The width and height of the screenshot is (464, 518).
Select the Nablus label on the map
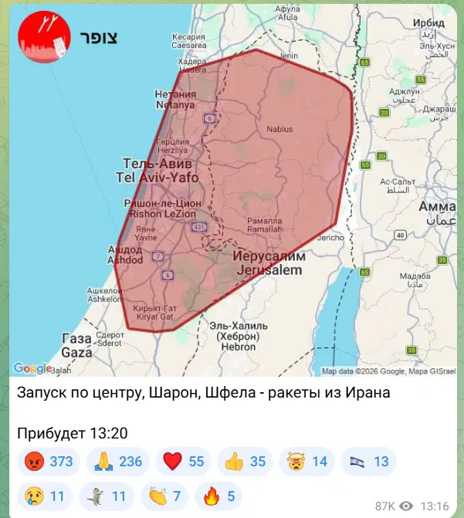point(279,129)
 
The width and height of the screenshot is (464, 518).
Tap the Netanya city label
point(175,99)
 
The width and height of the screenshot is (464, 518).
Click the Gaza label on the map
point(76,347)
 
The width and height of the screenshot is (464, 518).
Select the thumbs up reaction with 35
point(246,462)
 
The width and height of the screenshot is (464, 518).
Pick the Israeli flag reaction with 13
point(369,462)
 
